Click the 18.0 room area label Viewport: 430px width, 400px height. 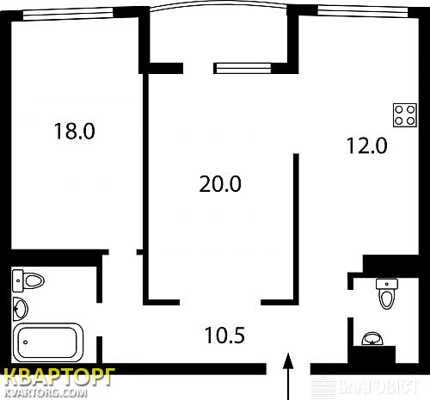[75, 131]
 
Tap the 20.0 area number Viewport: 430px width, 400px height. [220, 184]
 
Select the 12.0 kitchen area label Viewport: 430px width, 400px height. [367, 145]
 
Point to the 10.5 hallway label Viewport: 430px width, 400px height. [225, 335]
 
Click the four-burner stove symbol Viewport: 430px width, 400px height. [404, 115]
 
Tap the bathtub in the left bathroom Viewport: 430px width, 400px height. [48, 342]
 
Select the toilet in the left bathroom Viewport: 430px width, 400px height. [28, 280]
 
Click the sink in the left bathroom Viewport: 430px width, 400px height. [21, 309]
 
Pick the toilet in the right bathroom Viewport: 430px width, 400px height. [387, 293]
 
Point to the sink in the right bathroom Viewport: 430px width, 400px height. [372, 339]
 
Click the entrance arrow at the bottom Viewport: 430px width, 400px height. [288, 376]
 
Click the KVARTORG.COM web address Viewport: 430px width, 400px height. [46, 392]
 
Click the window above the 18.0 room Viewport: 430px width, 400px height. [68, 14]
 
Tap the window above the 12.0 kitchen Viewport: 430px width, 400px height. [363, 12]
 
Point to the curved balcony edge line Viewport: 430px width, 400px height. [218, 3]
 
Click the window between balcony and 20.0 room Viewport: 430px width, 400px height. [243, 68]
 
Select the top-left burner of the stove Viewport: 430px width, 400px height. [399, 109]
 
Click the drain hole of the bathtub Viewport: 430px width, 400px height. [26, 342]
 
